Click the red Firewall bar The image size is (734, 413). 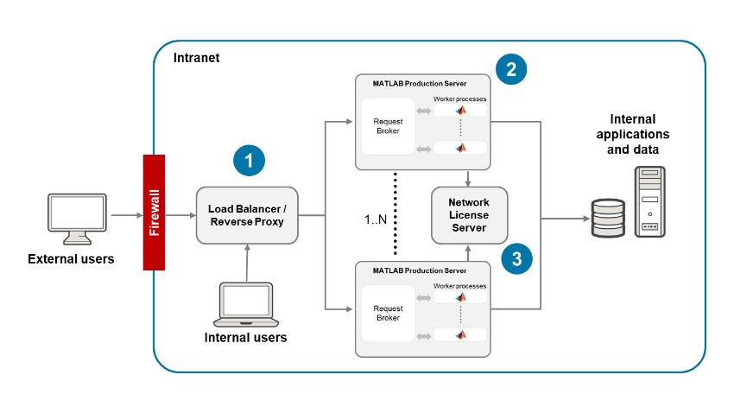(x=155, y=213)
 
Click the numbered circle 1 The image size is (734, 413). (x=250, y=161)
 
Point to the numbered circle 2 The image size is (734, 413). (x=512, y=69)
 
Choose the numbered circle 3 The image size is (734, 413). (x=516, y=257)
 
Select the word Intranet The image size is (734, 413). (x=195, y=60)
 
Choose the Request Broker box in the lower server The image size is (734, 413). (x=387, y=312)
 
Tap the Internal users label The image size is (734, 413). (x=246, y=338)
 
